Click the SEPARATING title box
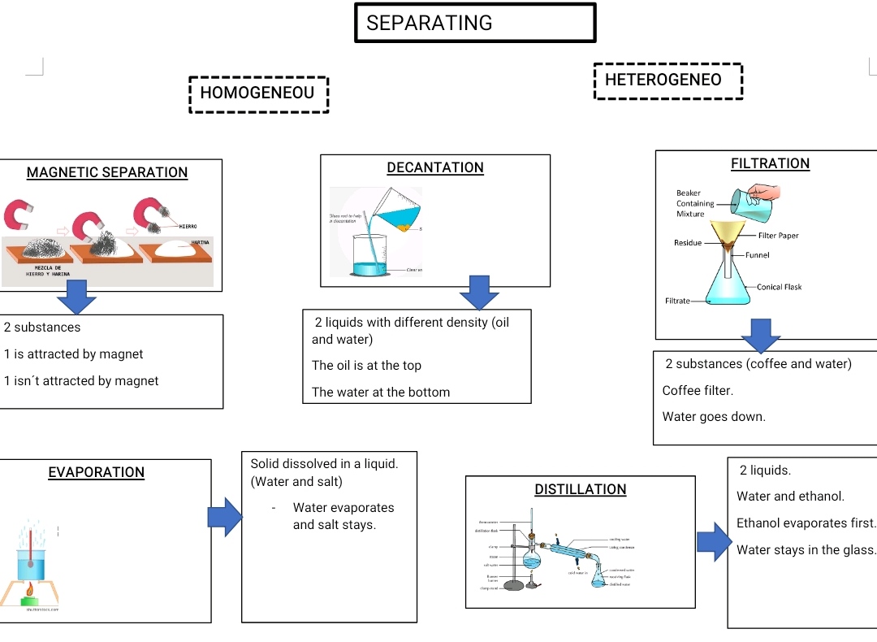click(x=475, y=23)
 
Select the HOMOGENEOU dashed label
click(x=258, y=93)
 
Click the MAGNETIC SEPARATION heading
click(x=107, y=172)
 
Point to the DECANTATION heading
click(x=435, y=167)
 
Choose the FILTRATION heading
click(x=770, y=163)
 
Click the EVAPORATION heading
click(x=96, y=472)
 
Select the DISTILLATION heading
click(x=580, y=489)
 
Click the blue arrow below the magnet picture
click(x=76, y=297)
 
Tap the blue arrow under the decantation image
click(x=479, y=292)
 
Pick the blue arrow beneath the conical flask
click(x=760, y=335)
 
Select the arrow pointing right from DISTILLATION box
click(x=714, y=541)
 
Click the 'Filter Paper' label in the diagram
click(x=778, y=236)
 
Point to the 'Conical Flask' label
click(x=779, y=287)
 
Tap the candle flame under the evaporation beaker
click(x=29, y=589)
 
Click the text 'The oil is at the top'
click(x=366, y=366)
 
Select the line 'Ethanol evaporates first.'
click(x=806, y=523)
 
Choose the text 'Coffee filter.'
click(x=698, y=390)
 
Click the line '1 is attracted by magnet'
click(x=73, y=354)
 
